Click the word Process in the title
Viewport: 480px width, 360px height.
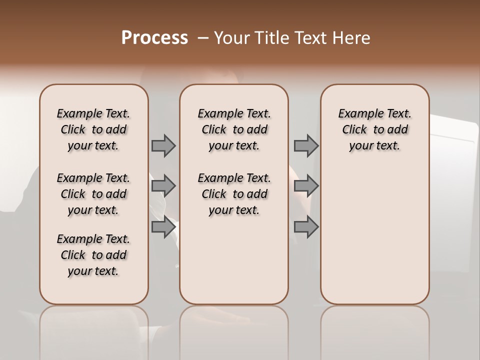[154, 38]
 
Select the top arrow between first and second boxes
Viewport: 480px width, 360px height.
[163, 146]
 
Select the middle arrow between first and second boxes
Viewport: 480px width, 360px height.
[163, 186]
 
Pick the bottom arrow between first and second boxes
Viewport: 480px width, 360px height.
[163, 227]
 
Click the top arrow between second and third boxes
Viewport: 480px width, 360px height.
[306, 146]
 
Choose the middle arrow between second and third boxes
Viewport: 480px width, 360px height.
[306, 186]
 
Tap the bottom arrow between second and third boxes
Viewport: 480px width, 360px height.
[306, 227]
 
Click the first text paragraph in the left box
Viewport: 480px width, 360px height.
[93, 129]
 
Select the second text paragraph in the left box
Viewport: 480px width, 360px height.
[93, 194]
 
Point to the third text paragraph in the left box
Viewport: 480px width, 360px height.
[93, 255]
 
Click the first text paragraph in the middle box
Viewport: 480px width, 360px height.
[234, 129]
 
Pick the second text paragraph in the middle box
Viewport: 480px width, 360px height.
[234, 194]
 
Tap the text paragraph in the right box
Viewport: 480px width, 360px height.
[374, 129]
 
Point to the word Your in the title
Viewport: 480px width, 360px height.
[232, 38]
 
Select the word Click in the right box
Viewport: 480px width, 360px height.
[354, 130]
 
